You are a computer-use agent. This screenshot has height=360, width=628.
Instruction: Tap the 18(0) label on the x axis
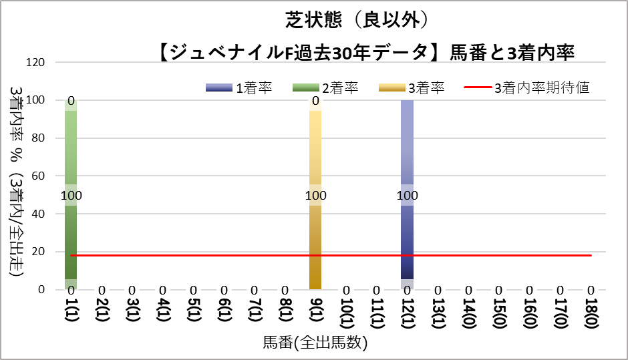coord(591,312)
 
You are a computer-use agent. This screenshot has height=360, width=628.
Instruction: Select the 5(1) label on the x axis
coord(193,312)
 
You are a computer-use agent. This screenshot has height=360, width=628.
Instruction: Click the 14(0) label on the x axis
coord(469,312)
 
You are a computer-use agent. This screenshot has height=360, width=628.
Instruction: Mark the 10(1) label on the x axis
coord(346,312)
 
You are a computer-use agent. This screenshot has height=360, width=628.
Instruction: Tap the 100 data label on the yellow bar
coord(315,196)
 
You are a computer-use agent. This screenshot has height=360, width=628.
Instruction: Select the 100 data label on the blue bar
coord(407,196)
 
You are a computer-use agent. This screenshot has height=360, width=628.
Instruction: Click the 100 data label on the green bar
coord(71,196)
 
